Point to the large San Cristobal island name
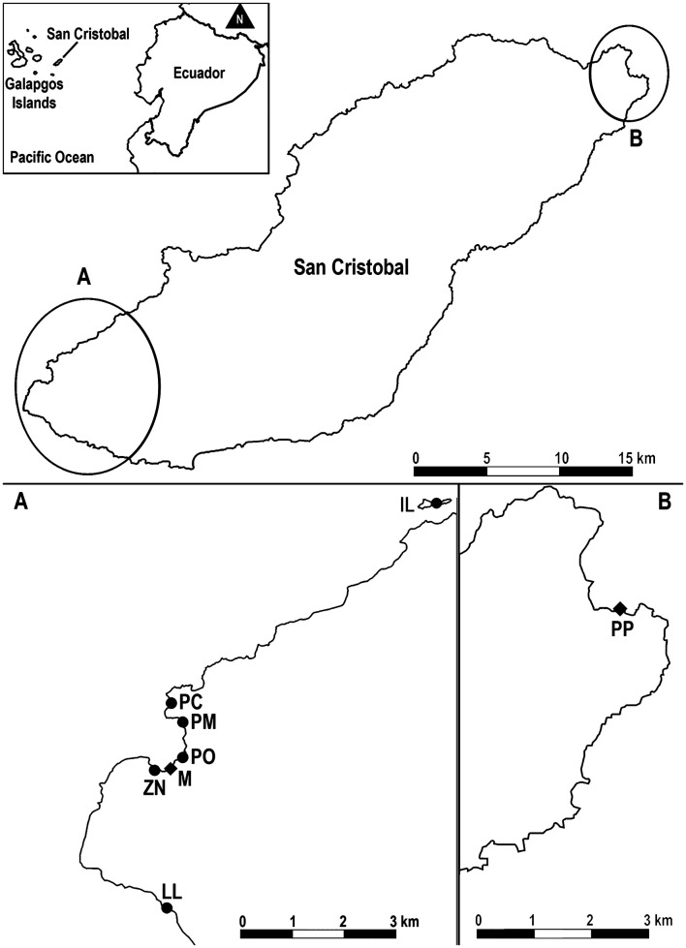click(353, 267)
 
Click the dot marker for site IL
click(436, 502)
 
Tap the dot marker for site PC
click(171, 703)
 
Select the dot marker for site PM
click(182, 721)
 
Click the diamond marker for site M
click(171, 769)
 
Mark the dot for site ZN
click(153, 770)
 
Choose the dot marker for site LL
click(167, 907)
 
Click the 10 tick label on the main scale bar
click(560, 457)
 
